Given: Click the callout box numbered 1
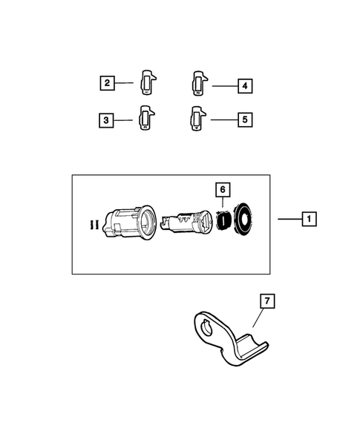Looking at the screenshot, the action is pyautogui.click(x=309, y=219).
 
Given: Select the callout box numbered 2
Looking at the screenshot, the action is pyautogui.click(x=108, y=83).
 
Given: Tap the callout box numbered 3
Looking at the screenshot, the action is pyautogui.click(x=106, y=120).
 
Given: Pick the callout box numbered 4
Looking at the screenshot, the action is pyautogui.click(x=245, y=86).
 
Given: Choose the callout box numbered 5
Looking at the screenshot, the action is pyautogui.click(x=245, y=119).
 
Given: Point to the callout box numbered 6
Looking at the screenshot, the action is pyautogui.click(x=223, y=189).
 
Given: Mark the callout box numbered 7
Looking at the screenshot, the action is pyautogui.click(x=267, y=301).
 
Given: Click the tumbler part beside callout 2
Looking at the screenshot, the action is pyautogui.click(x=148, y=82).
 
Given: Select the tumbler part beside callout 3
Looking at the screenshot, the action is pyautogui.click(x=147, y=118).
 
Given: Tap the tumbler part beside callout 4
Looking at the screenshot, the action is pyautogui.click(x=200, y=83).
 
